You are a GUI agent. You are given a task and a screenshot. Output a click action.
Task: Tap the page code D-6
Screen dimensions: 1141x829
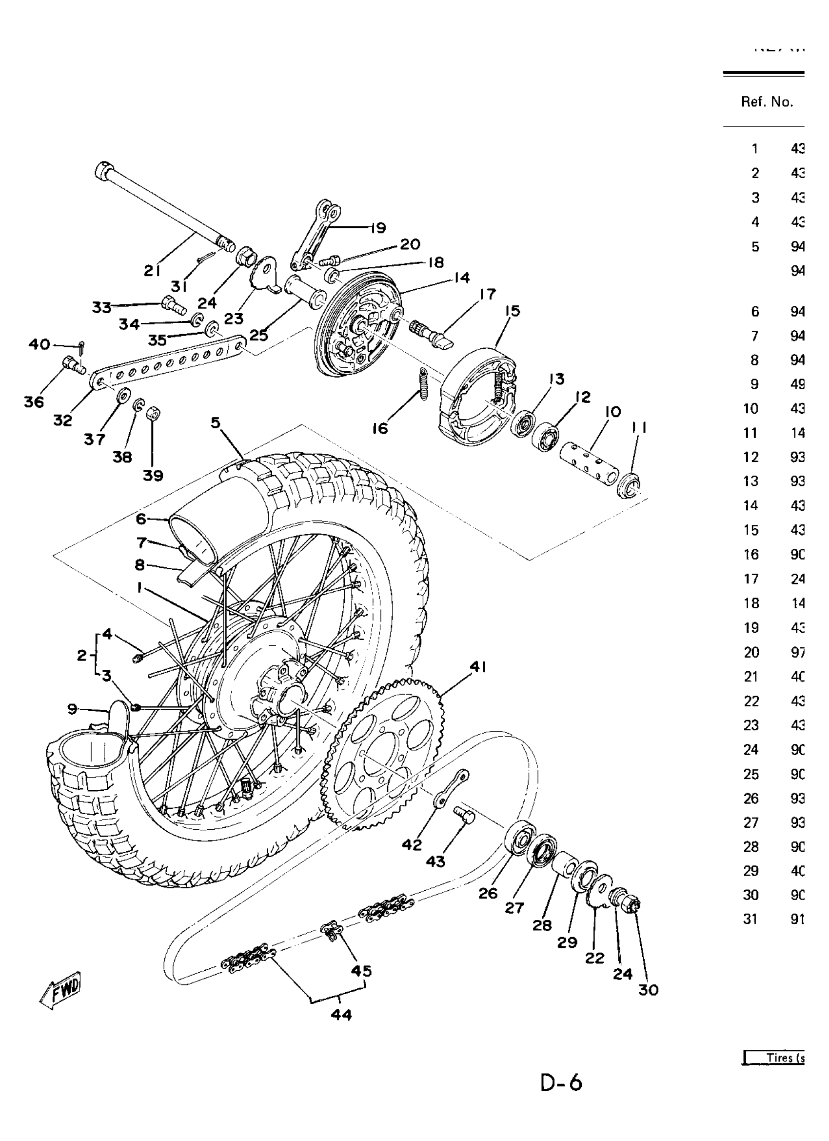561,1082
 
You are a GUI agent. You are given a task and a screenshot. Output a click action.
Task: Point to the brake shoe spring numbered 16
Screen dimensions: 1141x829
424,384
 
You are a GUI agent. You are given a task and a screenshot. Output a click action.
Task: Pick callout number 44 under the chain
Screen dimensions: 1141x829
341,1015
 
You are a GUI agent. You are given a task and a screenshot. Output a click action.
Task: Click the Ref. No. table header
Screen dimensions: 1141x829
767,102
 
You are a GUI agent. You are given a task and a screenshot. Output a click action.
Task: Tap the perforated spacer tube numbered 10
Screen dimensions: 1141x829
588,463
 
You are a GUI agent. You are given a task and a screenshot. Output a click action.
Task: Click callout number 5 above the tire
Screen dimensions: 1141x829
216,422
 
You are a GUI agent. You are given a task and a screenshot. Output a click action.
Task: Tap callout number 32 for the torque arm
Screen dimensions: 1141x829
63,420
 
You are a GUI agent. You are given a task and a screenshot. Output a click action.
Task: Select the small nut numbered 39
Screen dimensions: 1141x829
154,415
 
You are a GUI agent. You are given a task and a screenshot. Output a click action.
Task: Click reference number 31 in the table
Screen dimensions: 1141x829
750,919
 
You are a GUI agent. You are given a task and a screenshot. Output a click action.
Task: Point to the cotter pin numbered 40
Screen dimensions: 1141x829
82,347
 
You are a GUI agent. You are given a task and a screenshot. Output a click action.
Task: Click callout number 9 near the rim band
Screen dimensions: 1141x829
73,709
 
